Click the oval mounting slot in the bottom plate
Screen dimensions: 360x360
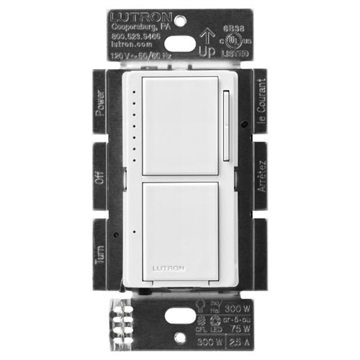point(180,315)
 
